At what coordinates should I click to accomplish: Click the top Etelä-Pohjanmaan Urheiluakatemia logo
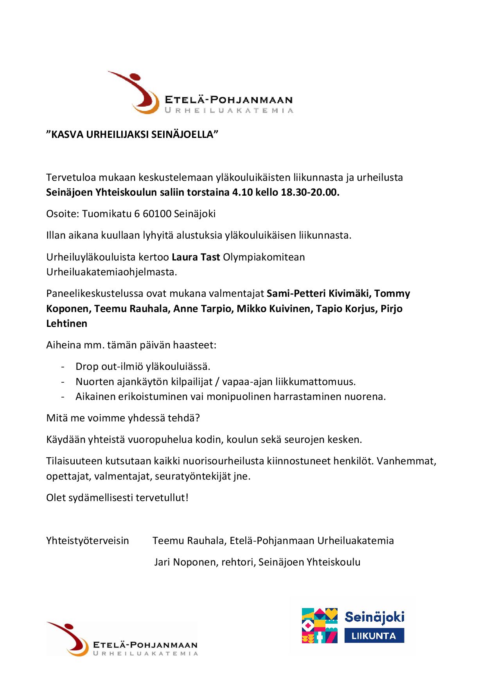click(200, 93)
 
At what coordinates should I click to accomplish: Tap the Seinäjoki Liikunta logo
click(353, 625)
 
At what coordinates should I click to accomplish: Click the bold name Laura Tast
click(196, 257)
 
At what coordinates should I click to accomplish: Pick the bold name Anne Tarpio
click(199, 309)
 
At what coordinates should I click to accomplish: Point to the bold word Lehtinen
click(67, 324)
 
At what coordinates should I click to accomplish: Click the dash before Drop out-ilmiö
click(63, 367)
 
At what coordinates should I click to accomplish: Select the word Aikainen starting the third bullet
click(94, 397)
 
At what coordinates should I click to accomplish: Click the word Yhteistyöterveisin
click(88, 541)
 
